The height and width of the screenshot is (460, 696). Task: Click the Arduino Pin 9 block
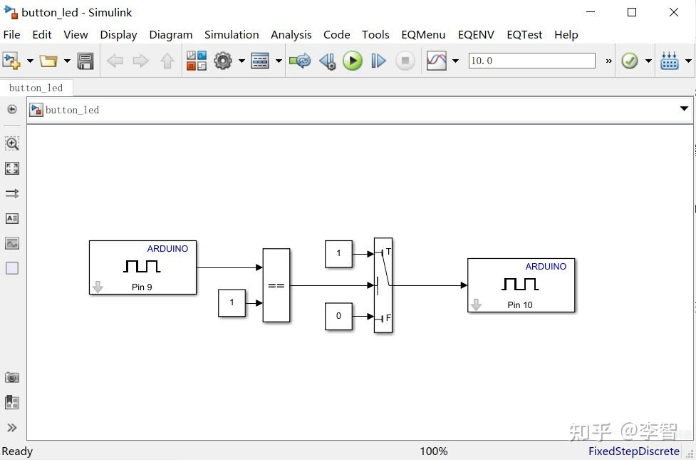142,267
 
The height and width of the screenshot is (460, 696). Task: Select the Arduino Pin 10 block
521,285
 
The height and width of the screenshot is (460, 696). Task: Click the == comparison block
276,285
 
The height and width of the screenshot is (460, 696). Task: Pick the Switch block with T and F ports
383,285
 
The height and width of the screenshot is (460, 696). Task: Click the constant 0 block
338,316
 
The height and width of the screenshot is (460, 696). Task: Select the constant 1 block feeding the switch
338,253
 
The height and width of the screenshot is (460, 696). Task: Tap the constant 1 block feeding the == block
232,302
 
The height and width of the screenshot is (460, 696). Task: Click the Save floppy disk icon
85,61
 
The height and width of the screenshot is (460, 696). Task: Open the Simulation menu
232,34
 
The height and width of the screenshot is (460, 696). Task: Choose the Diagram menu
170,34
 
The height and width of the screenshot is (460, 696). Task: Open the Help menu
566,34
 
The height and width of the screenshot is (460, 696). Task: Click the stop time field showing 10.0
531,61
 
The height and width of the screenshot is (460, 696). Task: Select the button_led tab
36,88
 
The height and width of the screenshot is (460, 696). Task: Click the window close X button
673,12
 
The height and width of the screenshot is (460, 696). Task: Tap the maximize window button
631,12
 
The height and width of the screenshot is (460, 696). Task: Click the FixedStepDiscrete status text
633,451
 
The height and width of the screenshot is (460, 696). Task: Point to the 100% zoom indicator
433,451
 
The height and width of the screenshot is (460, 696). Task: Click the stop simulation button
405,61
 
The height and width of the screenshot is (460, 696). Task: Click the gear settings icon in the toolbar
223,61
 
